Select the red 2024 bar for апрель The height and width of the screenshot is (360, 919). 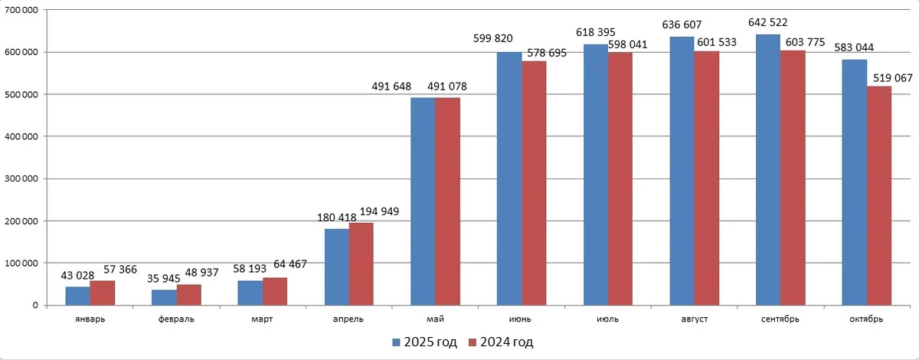(x=361, y=264)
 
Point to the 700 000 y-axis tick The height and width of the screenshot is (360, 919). (x=25, y=11)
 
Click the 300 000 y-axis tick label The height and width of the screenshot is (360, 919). (x=25, y=179)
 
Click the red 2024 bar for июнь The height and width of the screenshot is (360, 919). (x=534, y=183)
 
